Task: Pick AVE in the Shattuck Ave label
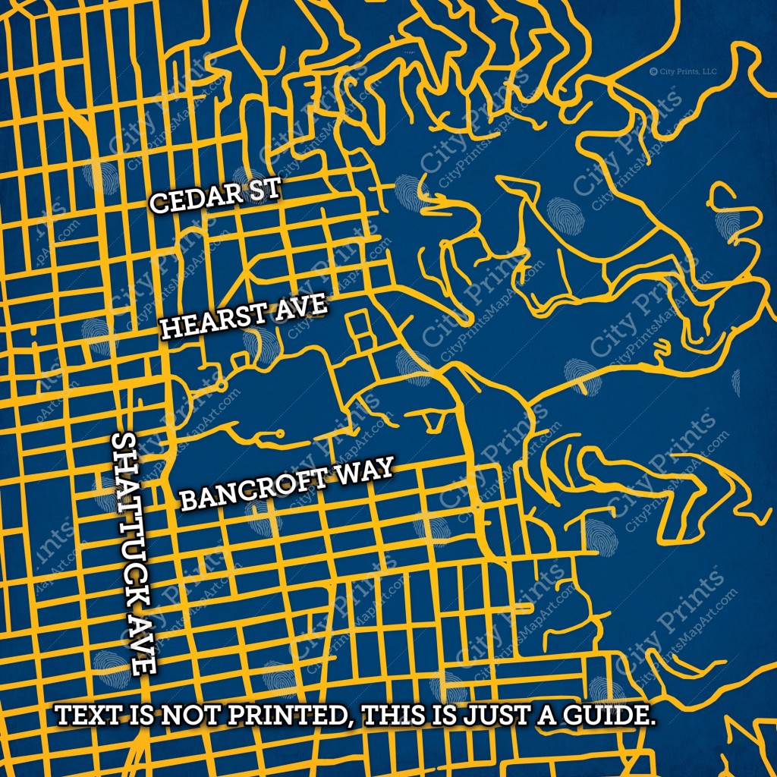tap(141, 645)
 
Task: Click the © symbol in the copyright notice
tap(653, 71)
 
